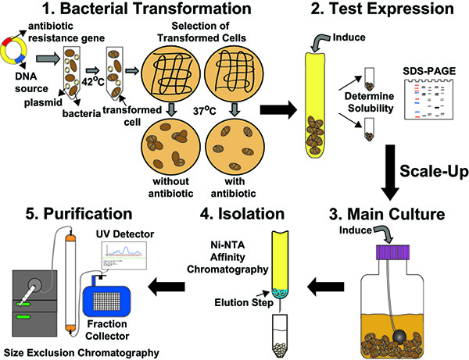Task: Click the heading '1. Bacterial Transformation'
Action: [x=141, y=12]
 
